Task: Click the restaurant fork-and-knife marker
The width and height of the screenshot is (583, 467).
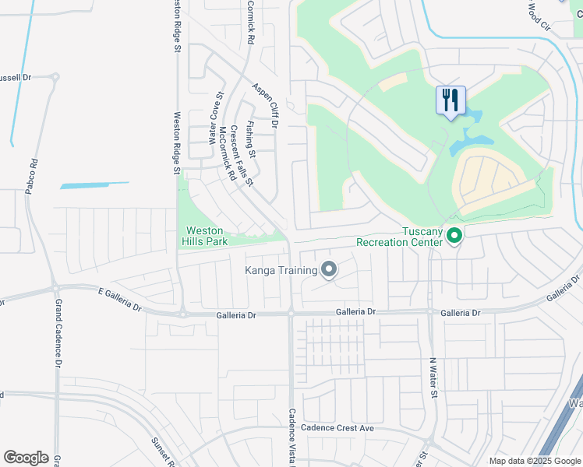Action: tap(450, 100)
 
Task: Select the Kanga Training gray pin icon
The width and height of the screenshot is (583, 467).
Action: tap(329, 270)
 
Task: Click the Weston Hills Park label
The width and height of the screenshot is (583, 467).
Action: tap(203, 237)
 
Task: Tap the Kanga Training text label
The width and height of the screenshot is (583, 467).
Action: tap(281, 270)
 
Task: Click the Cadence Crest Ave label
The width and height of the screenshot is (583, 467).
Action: tap(337, 428)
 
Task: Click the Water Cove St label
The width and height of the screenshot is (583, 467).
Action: tap(214, 118)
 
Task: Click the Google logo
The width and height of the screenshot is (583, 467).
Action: tap(26, 458)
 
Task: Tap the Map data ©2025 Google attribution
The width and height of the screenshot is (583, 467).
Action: tap(534, 461)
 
